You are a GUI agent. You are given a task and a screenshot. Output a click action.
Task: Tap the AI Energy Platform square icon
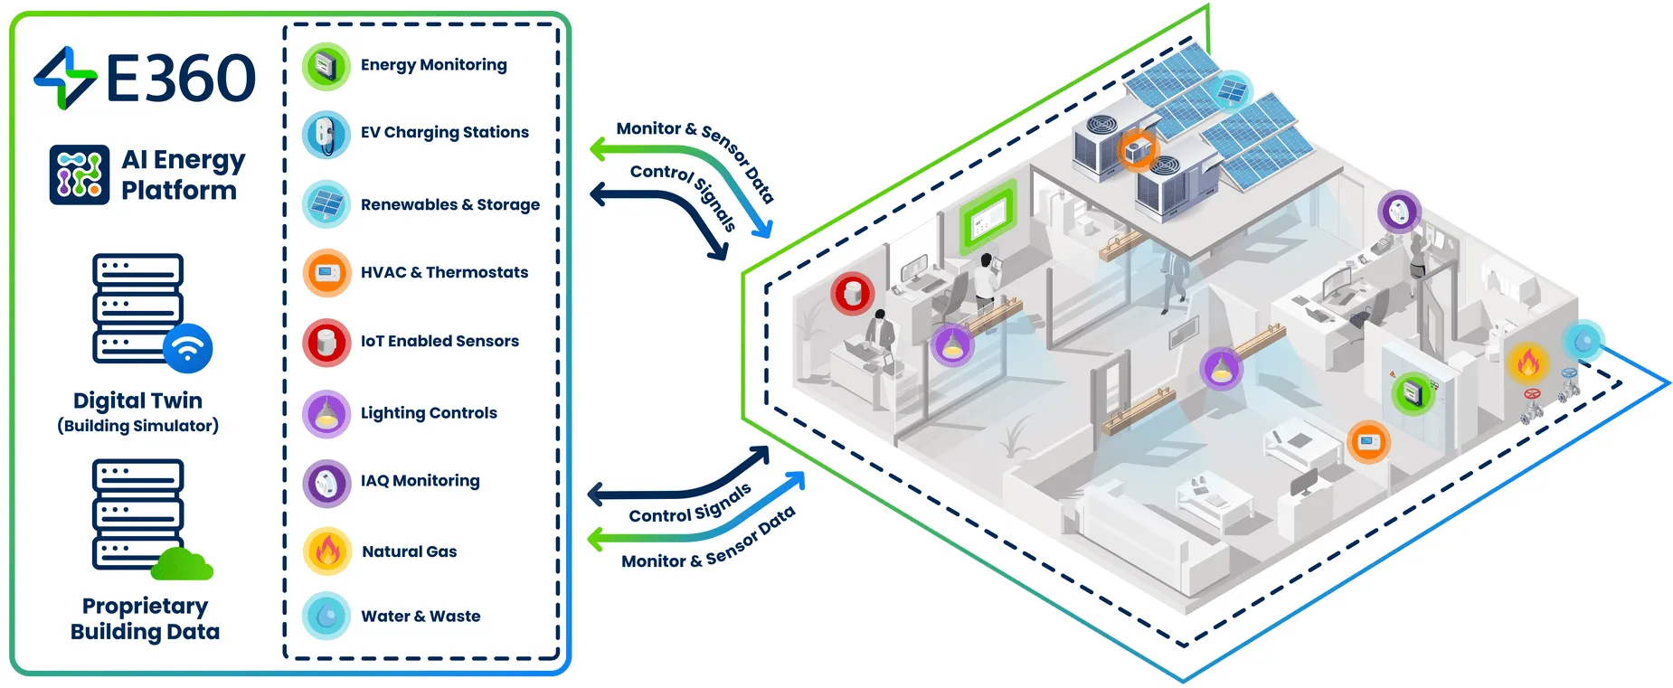[80, 174]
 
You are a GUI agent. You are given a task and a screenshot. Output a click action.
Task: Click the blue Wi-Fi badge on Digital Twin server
[188, 348]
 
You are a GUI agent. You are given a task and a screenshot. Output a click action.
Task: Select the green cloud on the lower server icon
[182, 565]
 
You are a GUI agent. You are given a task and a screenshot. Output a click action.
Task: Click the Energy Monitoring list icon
[326, 66]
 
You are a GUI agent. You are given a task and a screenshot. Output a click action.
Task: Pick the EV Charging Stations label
[444, 132]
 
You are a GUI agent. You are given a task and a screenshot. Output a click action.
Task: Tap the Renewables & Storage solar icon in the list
[326, 204]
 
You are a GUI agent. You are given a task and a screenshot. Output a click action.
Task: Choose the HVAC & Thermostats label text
[444, 272]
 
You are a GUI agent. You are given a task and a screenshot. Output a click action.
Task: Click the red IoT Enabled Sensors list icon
[326, 342]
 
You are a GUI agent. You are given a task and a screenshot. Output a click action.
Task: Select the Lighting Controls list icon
[326, 413]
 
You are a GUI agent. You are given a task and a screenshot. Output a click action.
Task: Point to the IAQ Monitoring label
[420, 480]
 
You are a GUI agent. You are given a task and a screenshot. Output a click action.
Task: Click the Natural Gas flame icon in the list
[326, 551]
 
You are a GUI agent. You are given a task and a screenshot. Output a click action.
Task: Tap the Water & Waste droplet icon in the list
[326, 616]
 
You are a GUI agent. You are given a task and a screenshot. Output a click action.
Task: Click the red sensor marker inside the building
[852, 292]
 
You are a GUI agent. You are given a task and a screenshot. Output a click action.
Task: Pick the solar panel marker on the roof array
[1231, 90]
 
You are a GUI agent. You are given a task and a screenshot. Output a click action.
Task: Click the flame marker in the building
[1527, 363]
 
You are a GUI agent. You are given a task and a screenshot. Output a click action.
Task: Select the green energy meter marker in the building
[1413, 393]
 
